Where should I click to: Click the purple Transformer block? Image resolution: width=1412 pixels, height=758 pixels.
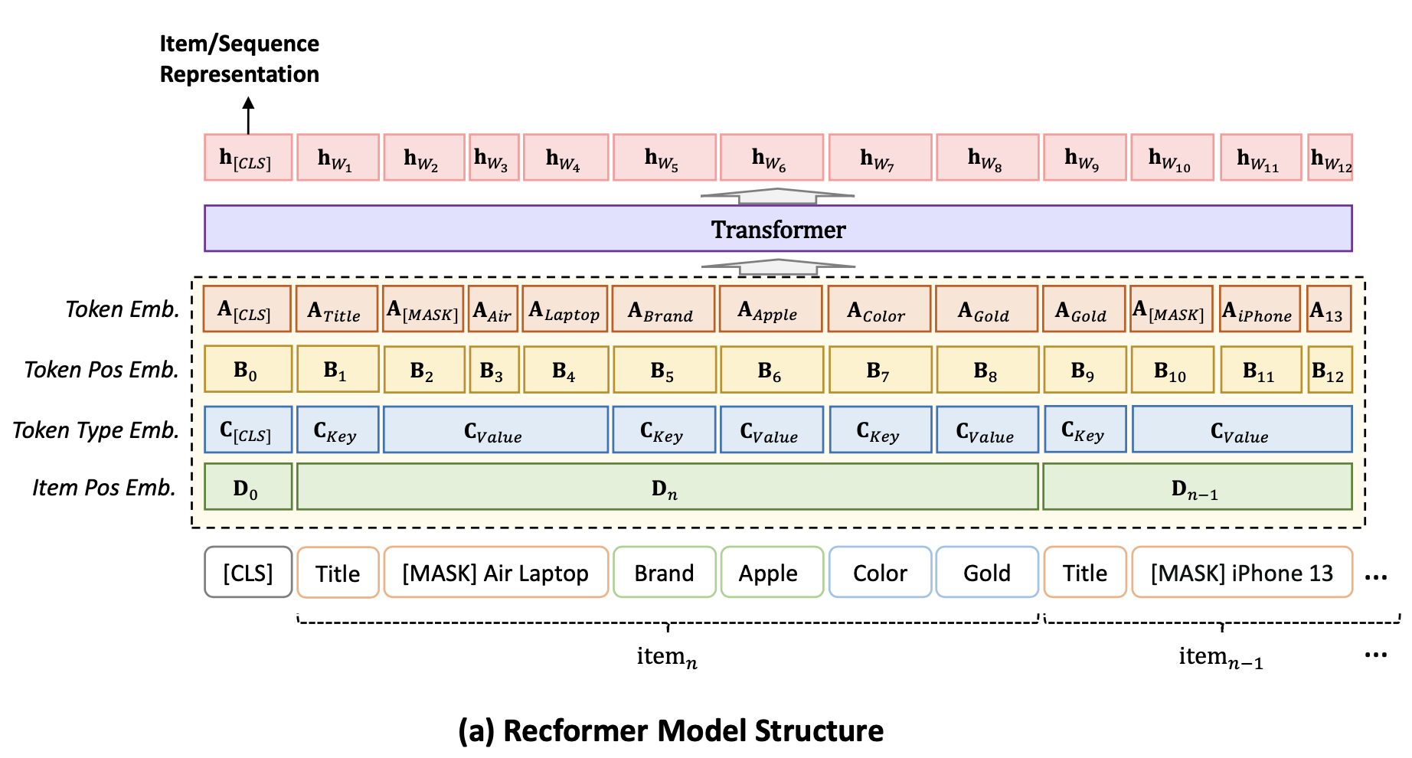[x=777, y=228]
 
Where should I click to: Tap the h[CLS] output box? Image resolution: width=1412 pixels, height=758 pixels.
[x=247, y=158]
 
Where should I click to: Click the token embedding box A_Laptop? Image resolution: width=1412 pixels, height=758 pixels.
[x=565, y=309]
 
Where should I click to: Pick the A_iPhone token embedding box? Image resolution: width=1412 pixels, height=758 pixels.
[x=1260, y=309]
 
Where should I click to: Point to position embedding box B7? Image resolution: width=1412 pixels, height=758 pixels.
[x=880, y=370]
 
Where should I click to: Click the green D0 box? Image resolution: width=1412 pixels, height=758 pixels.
[x=247, y=487]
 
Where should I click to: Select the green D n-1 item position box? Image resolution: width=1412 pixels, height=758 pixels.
[x=1196, y=487]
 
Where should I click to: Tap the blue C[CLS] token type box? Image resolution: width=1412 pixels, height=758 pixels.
[x=247, y=430]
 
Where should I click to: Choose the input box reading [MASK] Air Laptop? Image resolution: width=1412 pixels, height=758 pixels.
[x=495, y=573]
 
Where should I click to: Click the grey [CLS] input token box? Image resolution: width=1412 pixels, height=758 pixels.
[x=247, y=573]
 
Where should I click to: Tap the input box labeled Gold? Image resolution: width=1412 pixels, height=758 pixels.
[x=986, y=573]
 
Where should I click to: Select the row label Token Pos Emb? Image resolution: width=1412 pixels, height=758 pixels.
[x=101, y=370]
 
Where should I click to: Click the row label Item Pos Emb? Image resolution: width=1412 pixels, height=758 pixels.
[x=104, y=488]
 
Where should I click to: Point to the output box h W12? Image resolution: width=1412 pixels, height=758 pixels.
[x=1330, y=158]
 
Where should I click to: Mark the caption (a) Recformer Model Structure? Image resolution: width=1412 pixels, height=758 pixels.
[x=670, y=730]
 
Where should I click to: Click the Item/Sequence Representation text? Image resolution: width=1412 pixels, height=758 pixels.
[x=239, y=59]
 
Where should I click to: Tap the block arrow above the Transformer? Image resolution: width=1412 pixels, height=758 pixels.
[x=777, y=196]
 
